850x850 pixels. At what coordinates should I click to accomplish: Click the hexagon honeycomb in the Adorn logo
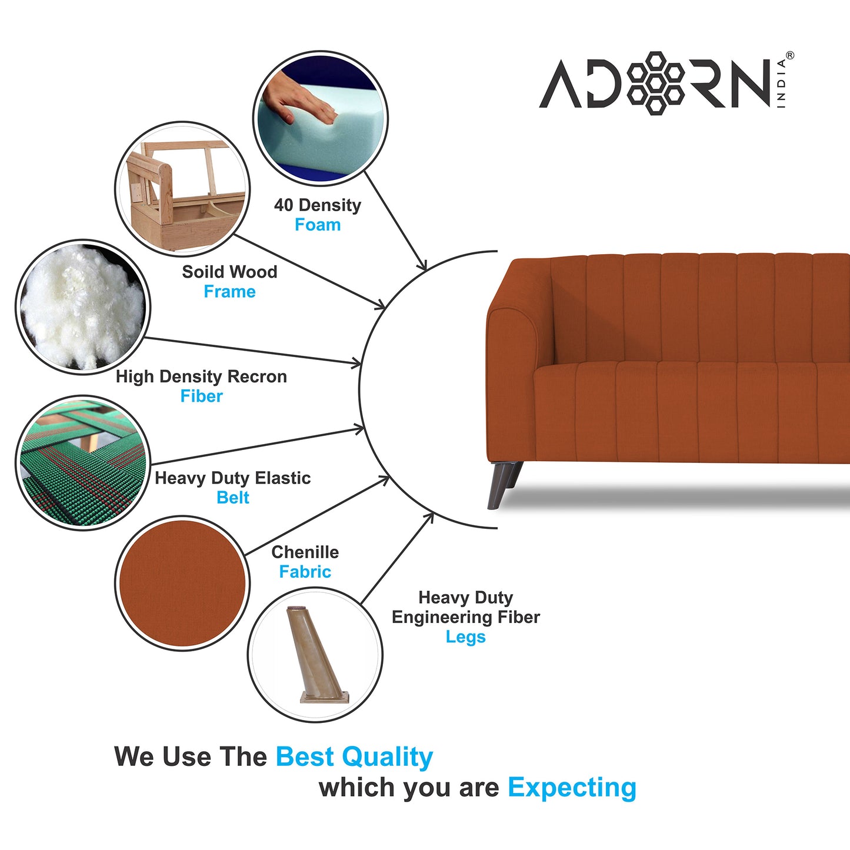(656, 82)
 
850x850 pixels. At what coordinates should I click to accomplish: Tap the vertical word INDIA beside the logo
(781, 83)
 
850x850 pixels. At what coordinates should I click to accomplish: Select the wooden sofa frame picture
(182, 189)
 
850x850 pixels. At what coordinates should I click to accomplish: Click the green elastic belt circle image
(82, 463)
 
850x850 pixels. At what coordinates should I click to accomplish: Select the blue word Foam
(318, 225)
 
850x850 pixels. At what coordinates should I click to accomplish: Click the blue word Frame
(229, 292)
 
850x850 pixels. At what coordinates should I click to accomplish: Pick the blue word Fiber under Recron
(201, 396)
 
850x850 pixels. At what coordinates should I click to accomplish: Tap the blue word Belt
(233, 498)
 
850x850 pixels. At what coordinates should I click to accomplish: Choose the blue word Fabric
(305, 572)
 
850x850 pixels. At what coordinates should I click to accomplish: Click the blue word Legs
(465, 637)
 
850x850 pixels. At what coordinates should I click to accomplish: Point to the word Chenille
(305, 552)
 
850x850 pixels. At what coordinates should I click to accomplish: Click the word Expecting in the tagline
(572, 788)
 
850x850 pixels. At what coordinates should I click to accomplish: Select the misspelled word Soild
(200, 272)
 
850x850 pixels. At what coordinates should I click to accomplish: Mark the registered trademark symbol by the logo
(789, 56)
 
